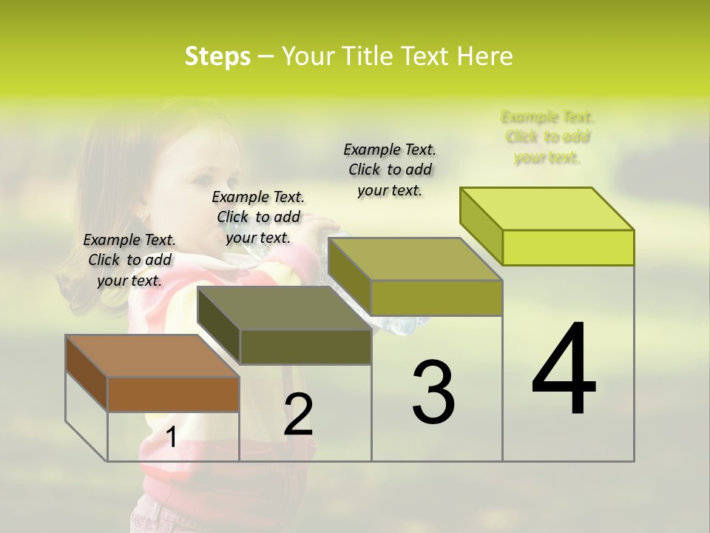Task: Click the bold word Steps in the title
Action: [217, 56]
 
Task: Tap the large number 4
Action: [564, 370]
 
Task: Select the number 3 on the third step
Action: [433, 392]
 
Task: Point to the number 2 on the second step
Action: [299, 415]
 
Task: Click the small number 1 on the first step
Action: [172, 438]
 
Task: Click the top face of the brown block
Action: [152, 356]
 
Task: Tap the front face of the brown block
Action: [173, 394]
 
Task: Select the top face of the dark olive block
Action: [284, 308]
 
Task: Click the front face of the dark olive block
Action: [305, 346]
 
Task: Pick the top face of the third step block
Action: [416, 259]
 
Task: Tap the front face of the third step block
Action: [436, 298]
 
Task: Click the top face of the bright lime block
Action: [547, 209]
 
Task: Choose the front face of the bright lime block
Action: [568, 247]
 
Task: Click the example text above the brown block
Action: [129, 260]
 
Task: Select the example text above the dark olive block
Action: [258, 217]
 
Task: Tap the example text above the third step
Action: [390, 170]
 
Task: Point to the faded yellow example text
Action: [547, 137]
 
